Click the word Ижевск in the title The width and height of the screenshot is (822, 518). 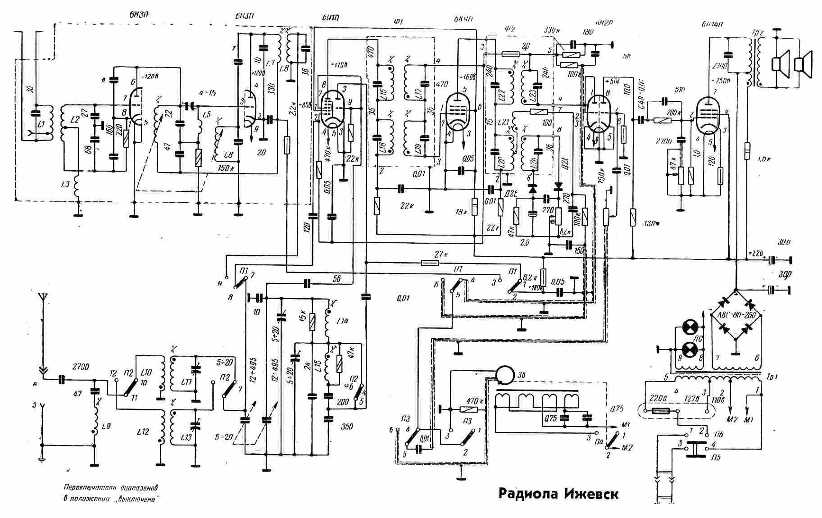coord(591,494)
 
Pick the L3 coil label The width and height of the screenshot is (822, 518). coord(65,184)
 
